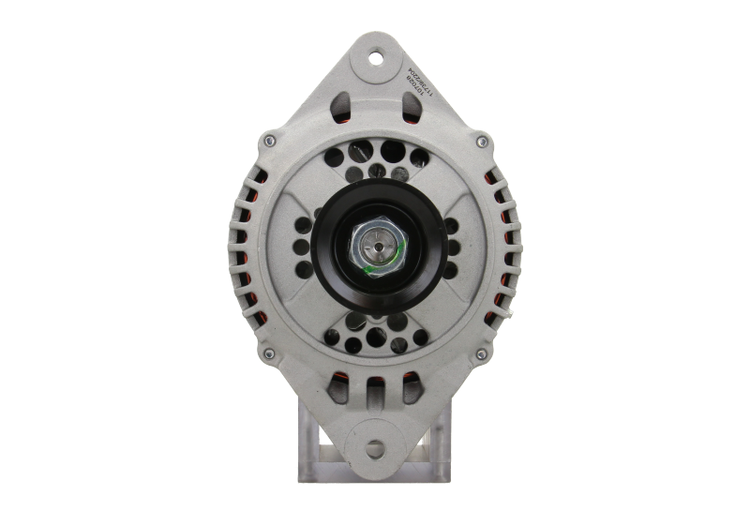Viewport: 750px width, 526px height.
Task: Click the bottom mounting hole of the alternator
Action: coord(376,447)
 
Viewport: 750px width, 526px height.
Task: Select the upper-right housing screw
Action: coord(482,143)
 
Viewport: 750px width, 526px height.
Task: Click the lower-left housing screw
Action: coord(269,353)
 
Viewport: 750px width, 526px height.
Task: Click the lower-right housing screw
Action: coord(482,353)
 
